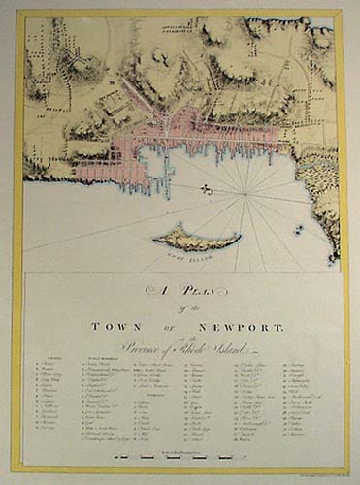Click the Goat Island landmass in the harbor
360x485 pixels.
[x=195, y=236]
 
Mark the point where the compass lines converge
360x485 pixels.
[x=246, y=197]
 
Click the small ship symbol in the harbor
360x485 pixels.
[x=207, y=190]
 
